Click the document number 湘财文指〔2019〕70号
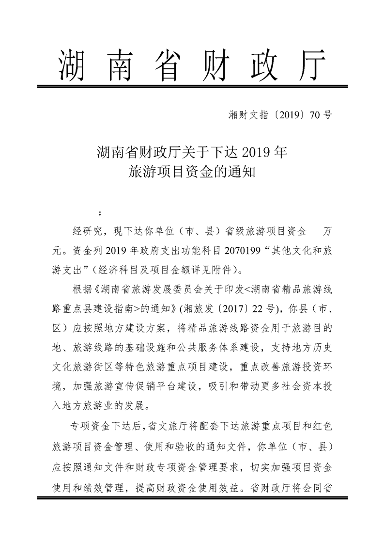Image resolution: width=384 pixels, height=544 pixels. (x=279, y=115)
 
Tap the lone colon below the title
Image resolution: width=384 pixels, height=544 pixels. (x=100, y=214)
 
